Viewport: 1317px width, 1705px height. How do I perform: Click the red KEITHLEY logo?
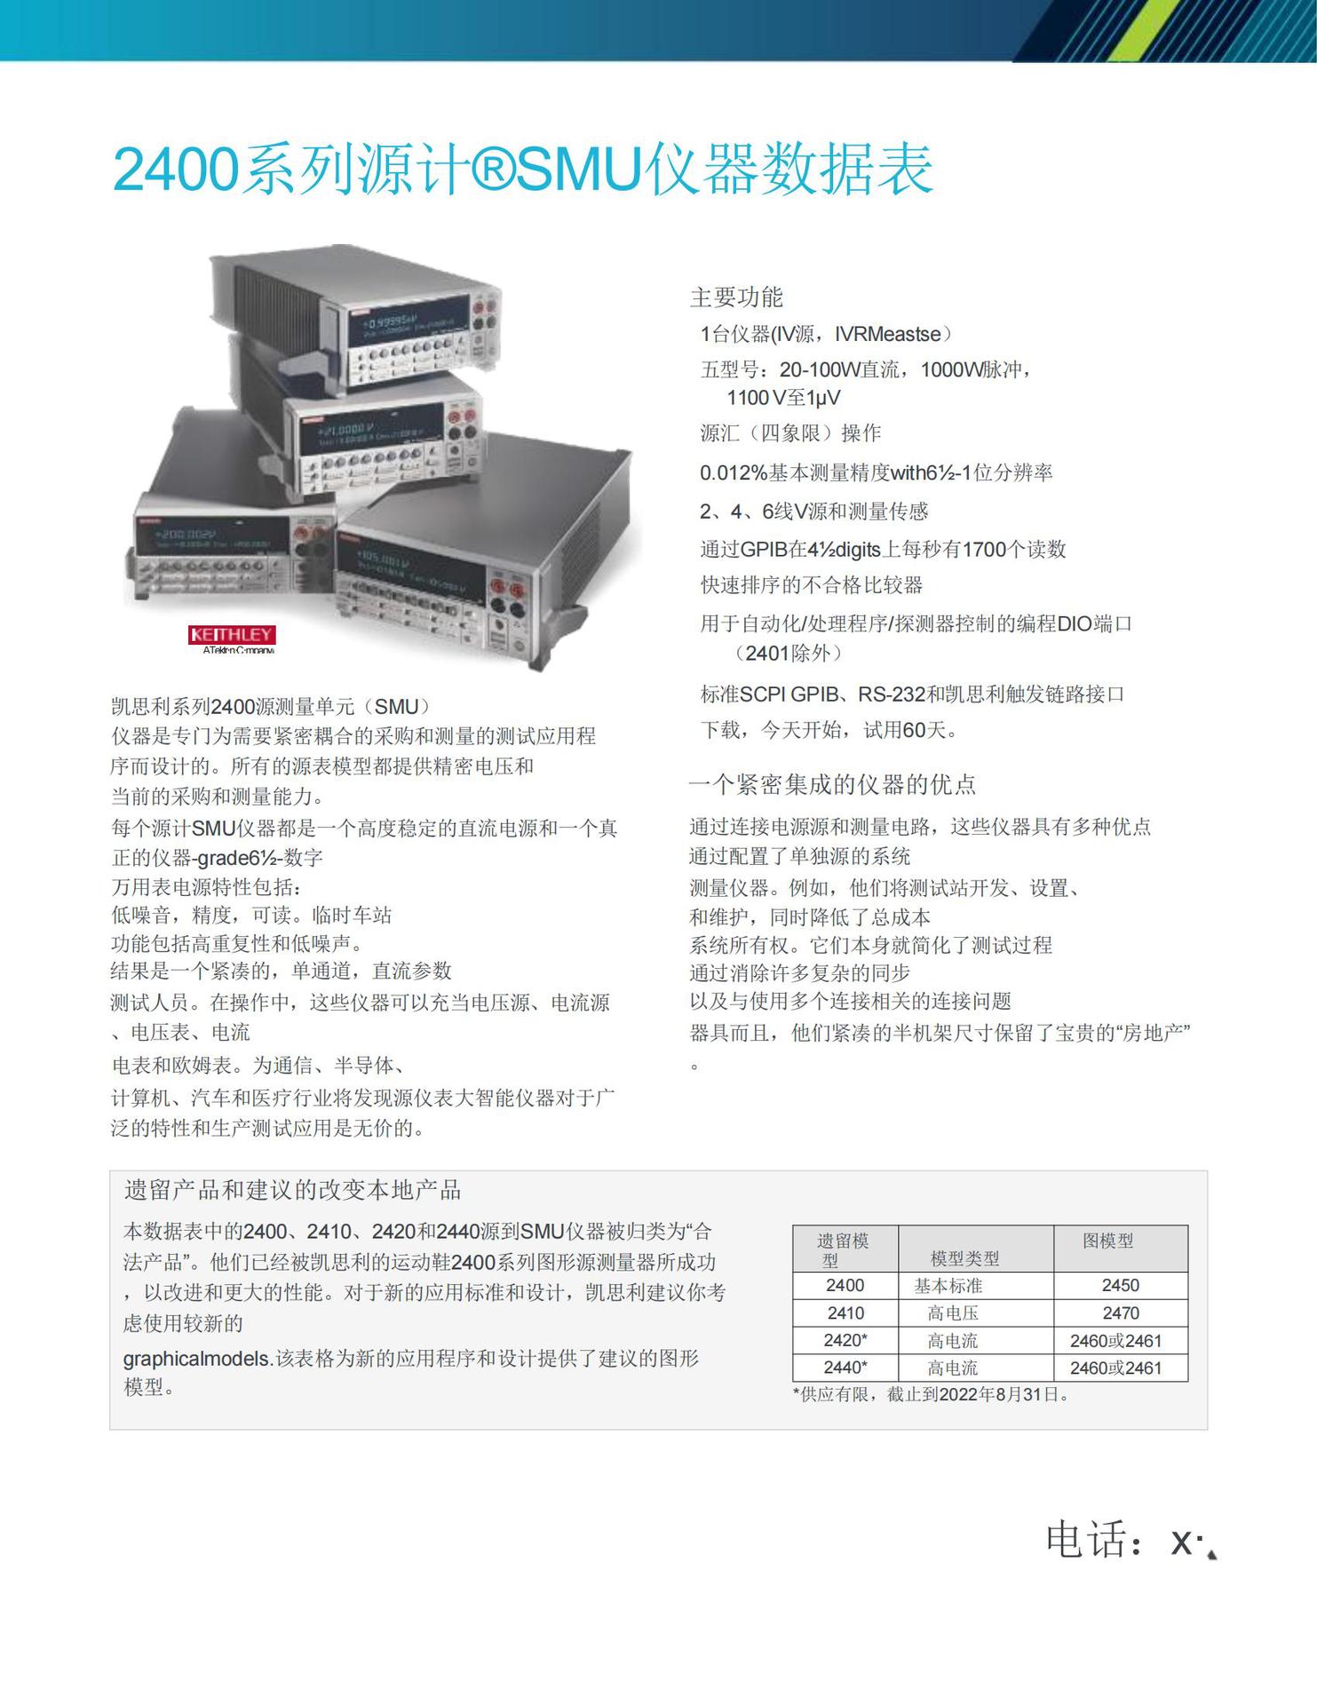[232, 634]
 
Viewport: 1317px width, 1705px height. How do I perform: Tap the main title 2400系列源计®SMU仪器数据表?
[523, 168]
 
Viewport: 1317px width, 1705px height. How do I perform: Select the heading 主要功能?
[736, 297]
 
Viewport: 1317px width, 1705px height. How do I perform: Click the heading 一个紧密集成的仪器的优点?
[832, 784]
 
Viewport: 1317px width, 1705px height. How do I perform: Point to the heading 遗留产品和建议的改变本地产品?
[293, 1190]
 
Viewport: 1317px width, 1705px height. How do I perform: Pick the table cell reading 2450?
[1120, 1285]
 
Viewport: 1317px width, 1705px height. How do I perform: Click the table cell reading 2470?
[1120, 1312]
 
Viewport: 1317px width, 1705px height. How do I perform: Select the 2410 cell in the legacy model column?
[845, 1312]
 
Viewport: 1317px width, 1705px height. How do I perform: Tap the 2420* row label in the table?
[845, 1340]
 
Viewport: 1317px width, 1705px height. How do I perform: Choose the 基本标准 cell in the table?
[948, 1285]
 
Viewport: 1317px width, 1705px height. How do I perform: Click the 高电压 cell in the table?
[953, 1312]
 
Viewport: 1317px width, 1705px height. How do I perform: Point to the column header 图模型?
[1108, 1241]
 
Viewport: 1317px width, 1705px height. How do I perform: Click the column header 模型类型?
[964, 1257]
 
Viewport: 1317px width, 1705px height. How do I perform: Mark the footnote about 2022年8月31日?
[931, 1394]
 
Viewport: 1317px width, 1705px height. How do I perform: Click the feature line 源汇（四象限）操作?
[790, 433]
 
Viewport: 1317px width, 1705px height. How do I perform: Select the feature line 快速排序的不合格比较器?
[812, 585]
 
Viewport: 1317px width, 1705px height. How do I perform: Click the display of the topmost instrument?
[408, 324]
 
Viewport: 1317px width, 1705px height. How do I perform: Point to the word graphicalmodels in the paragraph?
[196, 1358]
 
